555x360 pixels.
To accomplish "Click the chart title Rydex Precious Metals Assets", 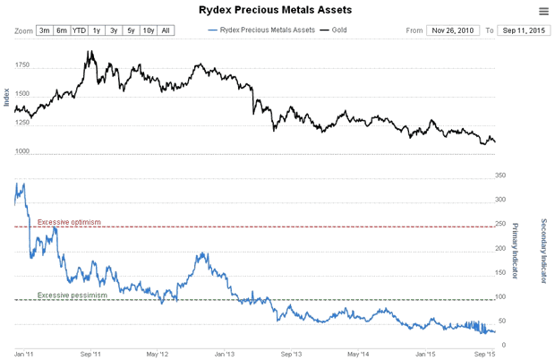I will click(x=275, y=10).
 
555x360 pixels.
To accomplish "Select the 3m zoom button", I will click(x=45, y=30).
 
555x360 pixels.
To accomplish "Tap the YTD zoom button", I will click(x=79, y=30).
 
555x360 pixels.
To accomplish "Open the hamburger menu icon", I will click(x=543, y=11).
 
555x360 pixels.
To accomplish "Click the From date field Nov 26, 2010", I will click(x=454, y=30).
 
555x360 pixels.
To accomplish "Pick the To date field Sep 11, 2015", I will click(x=524, y=30).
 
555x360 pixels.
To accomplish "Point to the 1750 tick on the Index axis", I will click(x=22, y=65).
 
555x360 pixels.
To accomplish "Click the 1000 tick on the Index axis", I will click(x=22, y=153).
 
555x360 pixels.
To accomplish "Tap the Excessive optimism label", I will click(x=70, y=221).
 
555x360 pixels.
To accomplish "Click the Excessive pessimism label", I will click(x=73, y=295).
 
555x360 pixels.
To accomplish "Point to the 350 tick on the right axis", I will click(x=500, y=176).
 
